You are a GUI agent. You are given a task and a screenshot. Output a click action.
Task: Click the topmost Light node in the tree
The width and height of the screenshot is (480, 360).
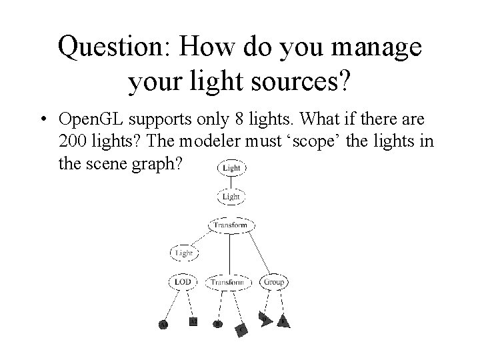231,169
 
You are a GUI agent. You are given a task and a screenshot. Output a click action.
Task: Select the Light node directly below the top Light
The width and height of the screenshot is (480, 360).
231,197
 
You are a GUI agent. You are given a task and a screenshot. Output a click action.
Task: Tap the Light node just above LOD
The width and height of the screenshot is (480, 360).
183,253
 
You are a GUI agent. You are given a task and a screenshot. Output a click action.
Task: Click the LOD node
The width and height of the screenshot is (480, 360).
183,282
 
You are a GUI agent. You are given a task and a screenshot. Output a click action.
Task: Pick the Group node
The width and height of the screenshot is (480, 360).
273,282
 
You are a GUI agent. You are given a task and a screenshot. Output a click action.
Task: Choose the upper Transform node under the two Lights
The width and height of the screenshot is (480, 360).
230,225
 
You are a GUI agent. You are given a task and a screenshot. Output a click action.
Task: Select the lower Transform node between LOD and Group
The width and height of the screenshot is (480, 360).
228,282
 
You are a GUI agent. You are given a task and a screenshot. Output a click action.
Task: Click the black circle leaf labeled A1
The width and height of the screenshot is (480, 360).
163,325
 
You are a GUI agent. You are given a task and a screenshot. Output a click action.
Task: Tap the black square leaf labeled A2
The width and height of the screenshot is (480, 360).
193,321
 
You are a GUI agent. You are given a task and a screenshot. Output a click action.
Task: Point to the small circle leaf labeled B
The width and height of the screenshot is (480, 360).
217,324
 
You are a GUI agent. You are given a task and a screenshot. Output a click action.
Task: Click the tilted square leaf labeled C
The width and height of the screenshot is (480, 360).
242,329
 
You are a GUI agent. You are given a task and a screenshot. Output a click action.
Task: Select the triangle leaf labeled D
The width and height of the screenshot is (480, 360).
265,321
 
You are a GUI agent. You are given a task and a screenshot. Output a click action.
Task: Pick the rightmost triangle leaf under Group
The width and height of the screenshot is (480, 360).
284,322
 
